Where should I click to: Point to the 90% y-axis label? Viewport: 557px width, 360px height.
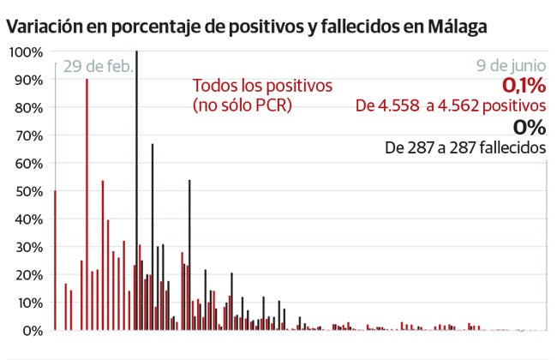point(27,80)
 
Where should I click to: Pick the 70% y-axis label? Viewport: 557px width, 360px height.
point(27,135)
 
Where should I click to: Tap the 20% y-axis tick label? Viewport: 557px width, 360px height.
point(27,274)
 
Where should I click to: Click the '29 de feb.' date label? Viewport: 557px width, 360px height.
point(97,67)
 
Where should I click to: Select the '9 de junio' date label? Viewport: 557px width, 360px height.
point(511,66)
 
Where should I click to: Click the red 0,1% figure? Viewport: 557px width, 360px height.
point(524,86)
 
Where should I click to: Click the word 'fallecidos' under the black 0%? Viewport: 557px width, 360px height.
point(513,148)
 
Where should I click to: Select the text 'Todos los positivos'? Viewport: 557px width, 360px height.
point(261,87)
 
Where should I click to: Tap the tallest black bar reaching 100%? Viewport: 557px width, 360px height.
point(136,189)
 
